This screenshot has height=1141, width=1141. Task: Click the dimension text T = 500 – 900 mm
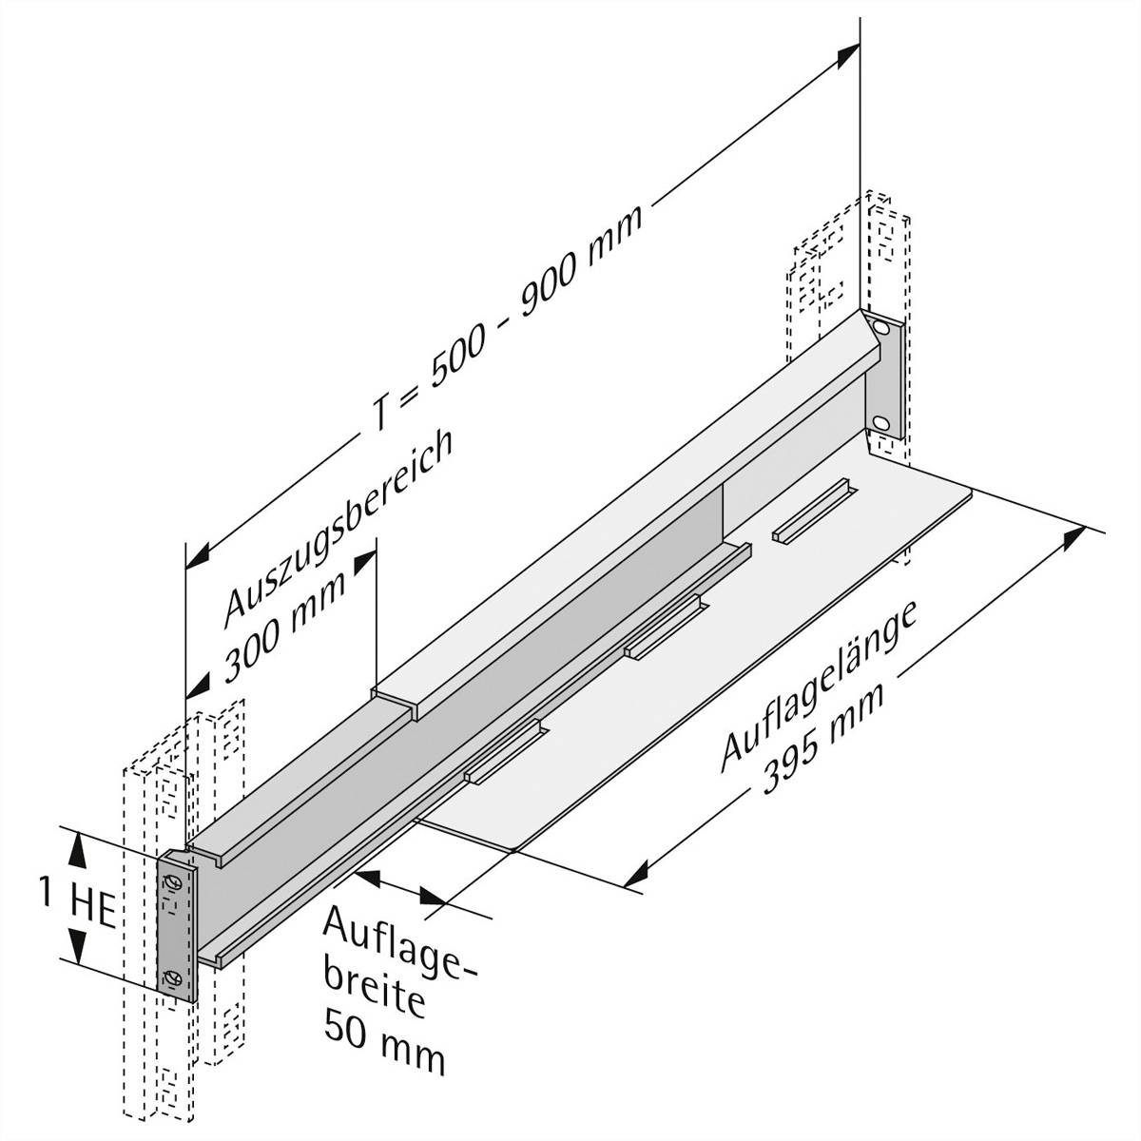click(505, 319)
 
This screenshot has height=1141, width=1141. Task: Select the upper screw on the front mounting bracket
click(172, 883)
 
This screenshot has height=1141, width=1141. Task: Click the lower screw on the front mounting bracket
click(173, 978)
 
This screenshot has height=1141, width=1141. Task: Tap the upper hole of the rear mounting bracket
click(883, 329)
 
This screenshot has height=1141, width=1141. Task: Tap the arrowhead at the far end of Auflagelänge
click(1074, 538)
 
